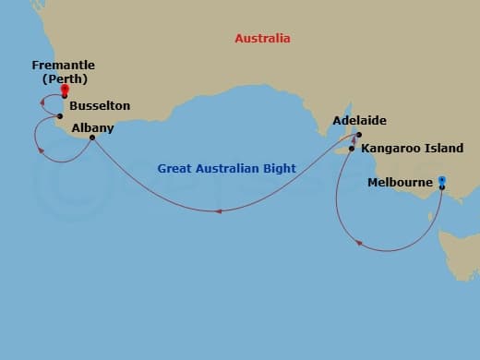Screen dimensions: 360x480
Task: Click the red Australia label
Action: click(x=262, y=39)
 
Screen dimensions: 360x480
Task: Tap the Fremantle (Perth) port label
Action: click(x=64, y=72)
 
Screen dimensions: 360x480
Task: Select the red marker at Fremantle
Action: click(x=64, y=90)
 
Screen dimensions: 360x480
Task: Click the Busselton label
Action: click(x=100, y=106)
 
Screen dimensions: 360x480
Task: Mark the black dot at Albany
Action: click(x=91, y=138)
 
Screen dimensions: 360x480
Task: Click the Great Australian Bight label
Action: click(x=226, y=169)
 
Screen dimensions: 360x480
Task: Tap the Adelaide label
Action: click(x=361, y=121)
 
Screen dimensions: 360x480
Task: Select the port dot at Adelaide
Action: click(x=359, y=135)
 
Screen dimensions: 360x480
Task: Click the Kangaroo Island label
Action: click(x=413, y=148)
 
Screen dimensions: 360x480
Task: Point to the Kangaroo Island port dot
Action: click(x=352, y=148)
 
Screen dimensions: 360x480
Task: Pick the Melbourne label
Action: click(x=400, y=182)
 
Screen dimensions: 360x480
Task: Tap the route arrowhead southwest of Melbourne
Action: click(x=360, y=244)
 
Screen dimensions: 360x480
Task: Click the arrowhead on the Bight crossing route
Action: click(x=218, y=211)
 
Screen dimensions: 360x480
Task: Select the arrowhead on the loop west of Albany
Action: click(x=40, y=150)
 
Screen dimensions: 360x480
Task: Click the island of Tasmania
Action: click(x=460, y=251)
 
